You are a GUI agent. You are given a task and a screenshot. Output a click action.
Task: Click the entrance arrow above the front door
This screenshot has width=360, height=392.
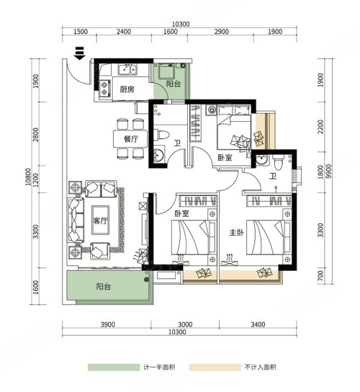coord(80,53)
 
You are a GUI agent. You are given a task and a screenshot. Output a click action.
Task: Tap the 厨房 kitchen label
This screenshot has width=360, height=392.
coord(127,89)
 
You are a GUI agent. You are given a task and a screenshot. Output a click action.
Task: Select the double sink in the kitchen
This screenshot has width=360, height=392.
coord(127,69)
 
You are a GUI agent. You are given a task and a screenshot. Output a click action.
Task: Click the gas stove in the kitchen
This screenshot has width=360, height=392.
coord(105,89)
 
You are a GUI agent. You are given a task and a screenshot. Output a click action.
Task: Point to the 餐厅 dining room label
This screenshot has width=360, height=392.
coord(131,139)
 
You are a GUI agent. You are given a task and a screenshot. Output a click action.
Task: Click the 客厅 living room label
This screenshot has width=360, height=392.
coord(100,220)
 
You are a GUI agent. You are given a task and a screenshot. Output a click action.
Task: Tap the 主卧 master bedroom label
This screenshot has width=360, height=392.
coord(237,233)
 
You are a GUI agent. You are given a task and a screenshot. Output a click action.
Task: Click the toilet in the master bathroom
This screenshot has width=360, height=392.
coord(278,162)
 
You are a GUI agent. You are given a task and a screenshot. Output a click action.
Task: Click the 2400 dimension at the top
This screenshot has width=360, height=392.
coord(124,32)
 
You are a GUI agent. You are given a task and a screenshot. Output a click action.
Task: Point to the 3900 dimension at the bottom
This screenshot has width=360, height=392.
coord(108,324)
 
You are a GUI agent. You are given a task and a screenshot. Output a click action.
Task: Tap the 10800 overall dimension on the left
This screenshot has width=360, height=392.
coord(28,177)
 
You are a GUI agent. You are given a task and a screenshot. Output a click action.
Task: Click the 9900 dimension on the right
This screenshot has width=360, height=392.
coord(329,171)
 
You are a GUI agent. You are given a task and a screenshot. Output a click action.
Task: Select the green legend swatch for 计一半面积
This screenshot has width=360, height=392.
coord(114,367)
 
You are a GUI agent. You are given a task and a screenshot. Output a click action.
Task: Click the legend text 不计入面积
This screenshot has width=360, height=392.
coord(261,367)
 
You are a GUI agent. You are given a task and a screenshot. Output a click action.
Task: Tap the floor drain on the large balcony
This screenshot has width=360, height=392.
coord(147,280)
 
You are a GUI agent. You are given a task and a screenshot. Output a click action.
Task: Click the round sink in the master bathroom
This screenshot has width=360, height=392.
coord(261,159)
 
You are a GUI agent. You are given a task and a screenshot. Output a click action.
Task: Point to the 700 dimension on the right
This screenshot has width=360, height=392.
coord(320,275)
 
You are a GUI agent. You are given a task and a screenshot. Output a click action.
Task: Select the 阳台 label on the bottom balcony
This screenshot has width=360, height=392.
coord(104,287)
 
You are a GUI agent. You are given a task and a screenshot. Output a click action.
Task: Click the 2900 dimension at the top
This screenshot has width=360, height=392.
coord(222,32)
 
